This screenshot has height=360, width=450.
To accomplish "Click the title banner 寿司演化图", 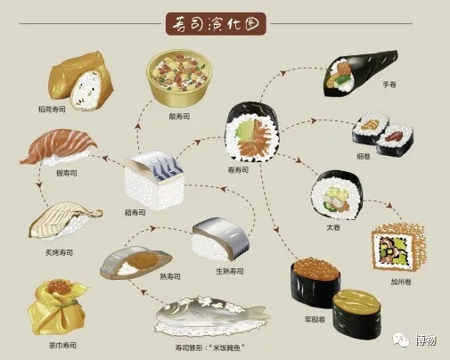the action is coord(216,24).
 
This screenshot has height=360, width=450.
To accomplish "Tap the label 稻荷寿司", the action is coord(52,110).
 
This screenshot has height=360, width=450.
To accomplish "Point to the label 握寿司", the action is coord(67,173).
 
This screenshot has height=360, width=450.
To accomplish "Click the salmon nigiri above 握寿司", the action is coord(59,148).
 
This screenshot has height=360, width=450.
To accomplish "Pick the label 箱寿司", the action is coord(135,213).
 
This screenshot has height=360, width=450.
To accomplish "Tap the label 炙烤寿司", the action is coord(59,253).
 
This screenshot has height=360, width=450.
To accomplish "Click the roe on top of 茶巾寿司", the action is coord(60,286).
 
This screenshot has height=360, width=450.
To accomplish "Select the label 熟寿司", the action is coord(170,276).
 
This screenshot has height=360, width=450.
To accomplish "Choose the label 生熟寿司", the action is coord(230,271).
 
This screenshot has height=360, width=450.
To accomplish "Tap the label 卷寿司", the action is coord(238,170).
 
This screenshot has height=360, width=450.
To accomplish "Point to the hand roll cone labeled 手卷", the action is coord(360,74).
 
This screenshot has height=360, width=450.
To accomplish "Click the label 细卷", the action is coord(364,156).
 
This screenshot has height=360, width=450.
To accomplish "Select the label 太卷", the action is coord(333,227).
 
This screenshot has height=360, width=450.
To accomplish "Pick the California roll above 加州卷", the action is coord(398,247).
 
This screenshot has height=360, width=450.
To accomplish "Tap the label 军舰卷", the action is coord(315,319).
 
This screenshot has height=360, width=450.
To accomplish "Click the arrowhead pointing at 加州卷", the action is coord(390,206).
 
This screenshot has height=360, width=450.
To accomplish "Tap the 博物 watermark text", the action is coord(426,340).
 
